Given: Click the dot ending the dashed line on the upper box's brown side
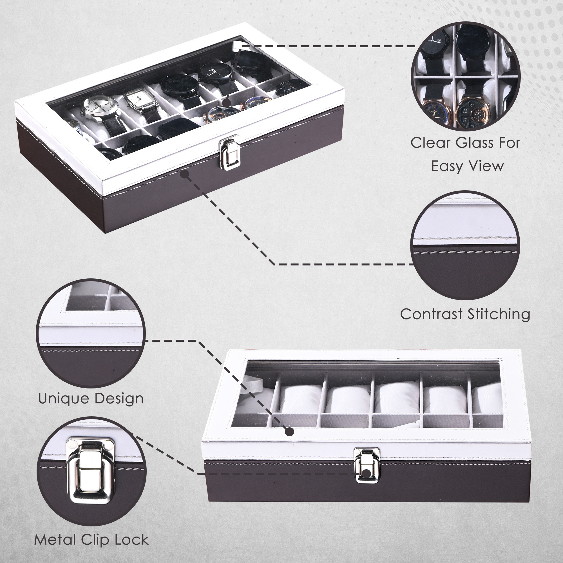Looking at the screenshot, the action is tap(185, 174).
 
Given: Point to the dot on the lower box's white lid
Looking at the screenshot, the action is tap(289, 432).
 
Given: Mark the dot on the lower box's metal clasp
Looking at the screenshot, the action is tap(367, 474).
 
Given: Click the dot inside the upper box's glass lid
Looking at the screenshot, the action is tap(226, 102).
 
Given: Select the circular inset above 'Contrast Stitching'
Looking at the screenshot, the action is tap(465, 245).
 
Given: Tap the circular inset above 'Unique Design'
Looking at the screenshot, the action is tap(91, 334).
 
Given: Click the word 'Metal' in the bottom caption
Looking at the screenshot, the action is tap(55, 540).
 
